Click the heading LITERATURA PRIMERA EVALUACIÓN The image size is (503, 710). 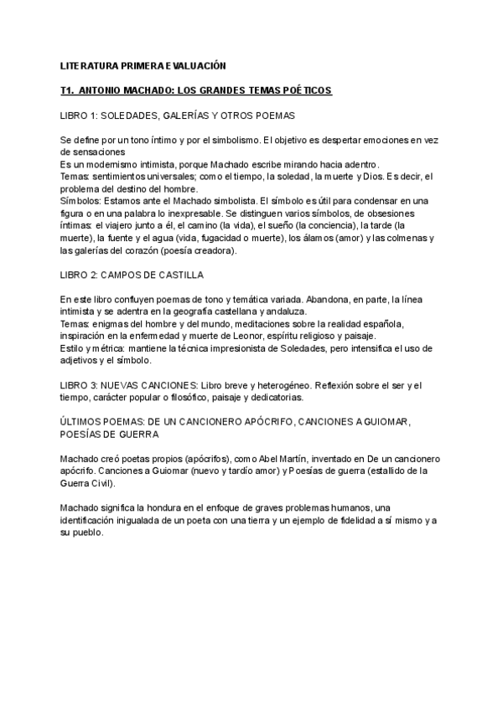click(143, 64)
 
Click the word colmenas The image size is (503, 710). click(419, 238)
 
